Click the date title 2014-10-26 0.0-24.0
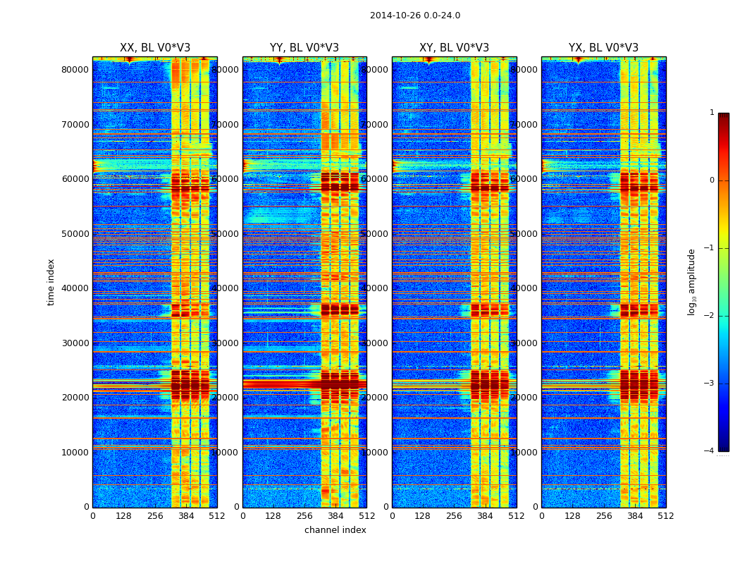click(x=414, y=16)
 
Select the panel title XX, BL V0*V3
click(x=155, y=48)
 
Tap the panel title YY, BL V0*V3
click(x=304, y=48)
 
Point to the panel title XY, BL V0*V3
click(x=454, y=48)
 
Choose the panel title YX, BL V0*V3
click(x=603, y=48)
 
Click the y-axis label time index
click(x=51, y=282)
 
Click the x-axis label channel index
click(x=335, y=530)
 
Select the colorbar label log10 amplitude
click(x=692, y=282)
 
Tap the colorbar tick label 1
click(x=712, y=113)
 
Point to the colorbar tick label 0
click(x=712, y=180)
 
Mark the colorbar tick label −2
click(x=710, y=316)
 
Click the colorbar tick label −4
click(x=710, y=451)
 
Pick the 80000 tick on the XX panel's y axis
click(x=75, y=69)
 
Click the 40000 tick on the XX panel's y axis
click(x=75, y=288)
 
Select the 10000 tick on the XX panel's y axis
click(x=75, y=452)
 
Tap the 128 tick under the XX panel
click(x=123, y=516)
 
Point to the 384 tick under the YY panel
click(x=335, y=516)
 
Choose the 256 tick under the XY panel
click(x=454, y=516)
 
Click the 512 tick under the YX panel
click(x=666, y=516)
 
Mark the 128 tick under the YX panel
click(x=572, y=516)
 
